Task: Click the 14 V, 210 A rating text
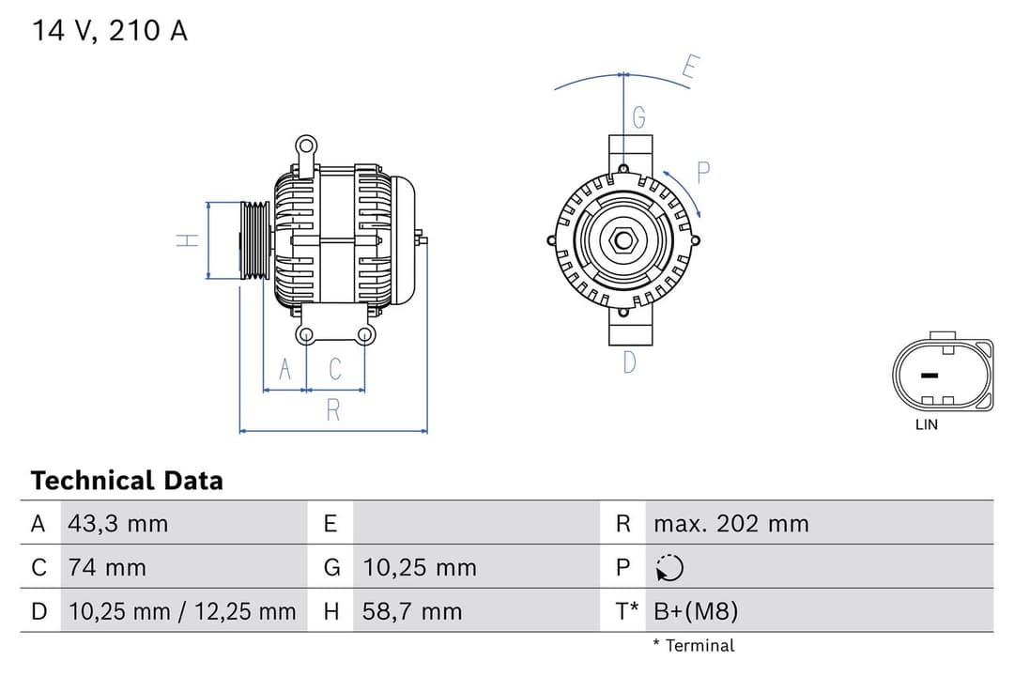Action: pos(110,31)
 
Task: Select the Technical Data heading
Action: pos(127,481)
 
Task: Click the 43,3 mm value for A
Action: pos(117,524)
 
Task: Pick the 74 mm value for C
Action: pos(107,567)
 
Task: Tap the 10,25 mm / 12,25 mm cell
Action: pos(182,612)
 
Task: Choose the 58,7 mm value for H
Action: pos(412,612)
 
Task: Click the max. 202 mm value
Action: pos(730,524)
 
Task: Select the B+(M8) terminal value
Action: pos(696,612)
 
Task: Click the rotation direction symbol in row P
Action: pos(670,568)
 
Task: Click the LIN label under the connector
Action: pos(926,424)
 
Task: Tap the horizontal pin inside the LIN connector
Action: pos(929,376)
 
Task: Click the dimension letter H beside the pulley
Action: pos(188,240)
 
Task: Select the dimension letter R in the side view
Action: pos(332,410)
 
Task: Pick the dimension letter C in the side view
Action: pos(335,370)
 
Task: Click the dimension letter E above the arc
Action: pos(690,68)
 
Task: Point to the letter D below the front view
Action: pos(630,361)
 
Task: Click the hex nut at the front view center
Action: pos(623,240)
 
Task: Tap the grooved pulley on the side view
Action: pos(254,240)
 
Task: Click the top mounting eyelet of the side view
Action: pos(305,146)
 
